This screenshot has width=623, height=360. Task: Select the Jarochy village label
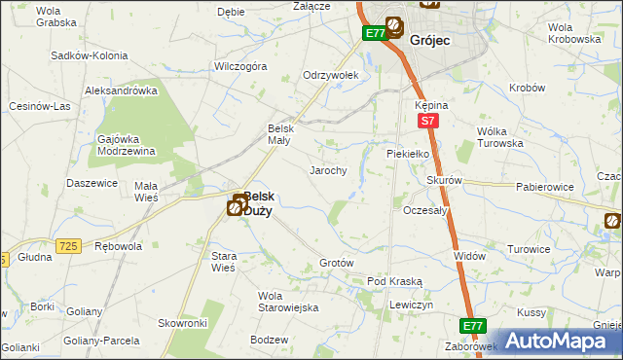point(329,170)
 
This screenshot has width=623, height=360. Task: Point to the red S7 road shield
point(425,121)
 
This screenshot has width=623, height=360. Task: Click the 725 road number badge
point(67,247)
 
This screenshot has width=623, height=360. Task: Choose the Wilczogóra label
point(240,67)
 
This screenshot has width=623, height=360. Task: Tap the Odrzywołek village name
point(331,75)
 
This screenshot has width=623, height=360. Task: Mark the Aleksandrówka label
point(121,90)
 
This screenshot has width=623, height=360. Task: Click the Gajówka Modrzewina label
point(127,145)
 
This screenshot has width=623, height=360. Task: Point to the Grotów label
point(336,264)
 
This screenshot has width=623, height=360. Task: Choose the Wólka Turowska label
point(500,137)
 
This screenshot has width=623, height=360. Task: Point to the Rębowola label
point(118,246)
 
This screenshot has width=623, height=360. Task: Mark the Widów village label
point(469,255)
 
